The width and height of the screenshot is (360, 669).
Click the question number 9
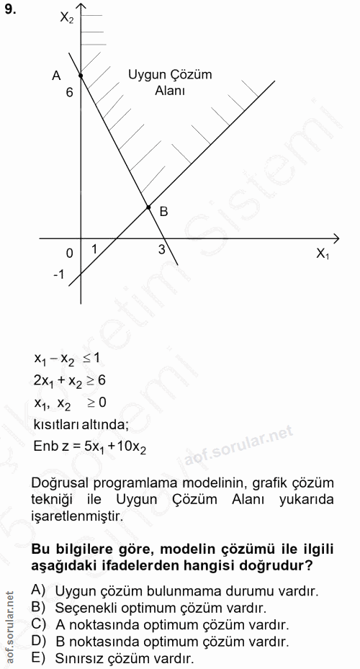[10, 9]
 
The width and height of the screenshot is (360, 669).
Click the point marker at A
[80, 74]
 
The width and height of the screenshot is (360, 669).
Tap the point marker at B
[148, 207]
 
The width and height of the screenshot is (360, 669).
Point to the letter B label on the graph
[163, 212]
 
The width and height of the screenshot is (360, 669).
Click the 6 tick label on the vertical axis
[70, 93]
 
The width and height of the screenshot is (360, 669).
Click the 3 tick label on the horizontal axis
[161, 250]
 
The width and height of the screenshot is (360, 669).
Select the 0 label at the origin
[69, 253]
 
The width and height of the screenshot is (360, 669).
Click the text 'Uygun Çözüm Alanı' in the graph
[170, 83]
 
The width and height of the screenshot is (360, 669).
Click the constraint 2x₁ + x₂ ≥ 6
[71, 380]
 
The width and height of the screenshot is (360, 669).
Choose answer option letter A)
[39, 590]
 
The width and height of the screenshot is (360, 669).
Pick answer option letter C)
[39, 623]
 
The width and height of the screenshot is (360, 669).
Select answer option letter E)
[39, 657]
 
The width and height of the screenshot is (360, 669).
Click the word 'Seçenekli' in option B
[84, 607]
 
